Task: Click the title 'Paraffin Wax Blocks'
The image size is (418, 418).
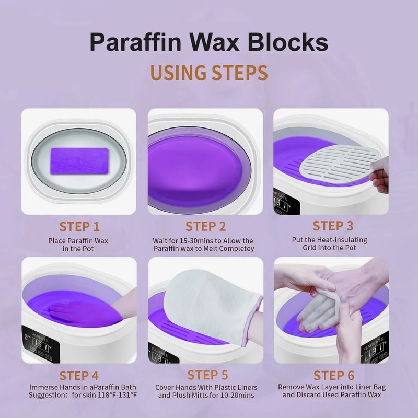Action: point(208,42)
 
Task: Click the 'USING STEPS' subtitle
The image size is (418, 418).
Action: point(208,73)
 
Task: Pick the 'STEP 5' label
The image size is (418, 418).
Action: point(207,375)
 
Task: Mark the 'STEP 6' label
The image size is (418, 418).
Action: point(333,375)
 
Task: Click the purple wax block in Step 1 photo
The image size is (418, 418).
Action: point(79,158)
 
